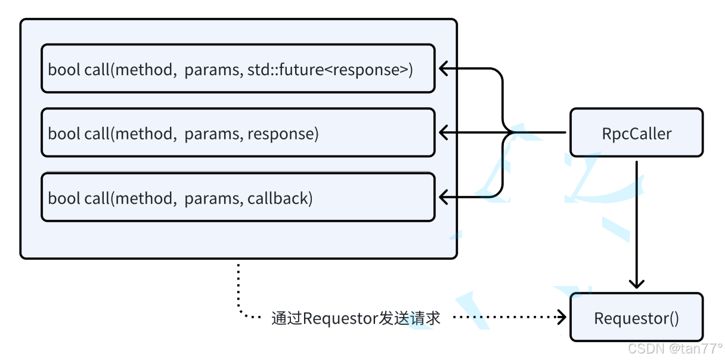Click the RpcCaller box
pos(636,132)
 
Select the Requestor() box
pos(636,317)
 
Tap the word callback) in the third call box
pos(280,198)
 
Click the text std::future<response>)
pos(330,70)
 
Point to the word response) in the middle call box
pos(283,134)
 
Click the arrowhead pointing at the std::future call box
pos(444,69)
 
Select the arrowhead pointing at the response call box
pos(444,132)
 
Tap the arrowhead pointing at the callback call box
pos(444,197)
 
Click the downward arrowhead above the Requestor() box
pos(637,284)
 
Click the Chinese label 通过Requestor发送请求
pos(356,318)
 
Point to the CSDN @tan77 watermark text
pos(675,349)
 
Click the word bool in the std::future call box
pos(64,70)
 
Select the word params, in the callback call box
pos(213,199)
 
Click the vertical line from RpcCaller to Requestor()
pos(637,223)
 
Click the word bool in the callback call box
pos(64,198)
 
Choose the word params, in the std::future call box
pos(213,70)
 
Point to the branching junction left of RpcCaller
pos(511,132)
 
